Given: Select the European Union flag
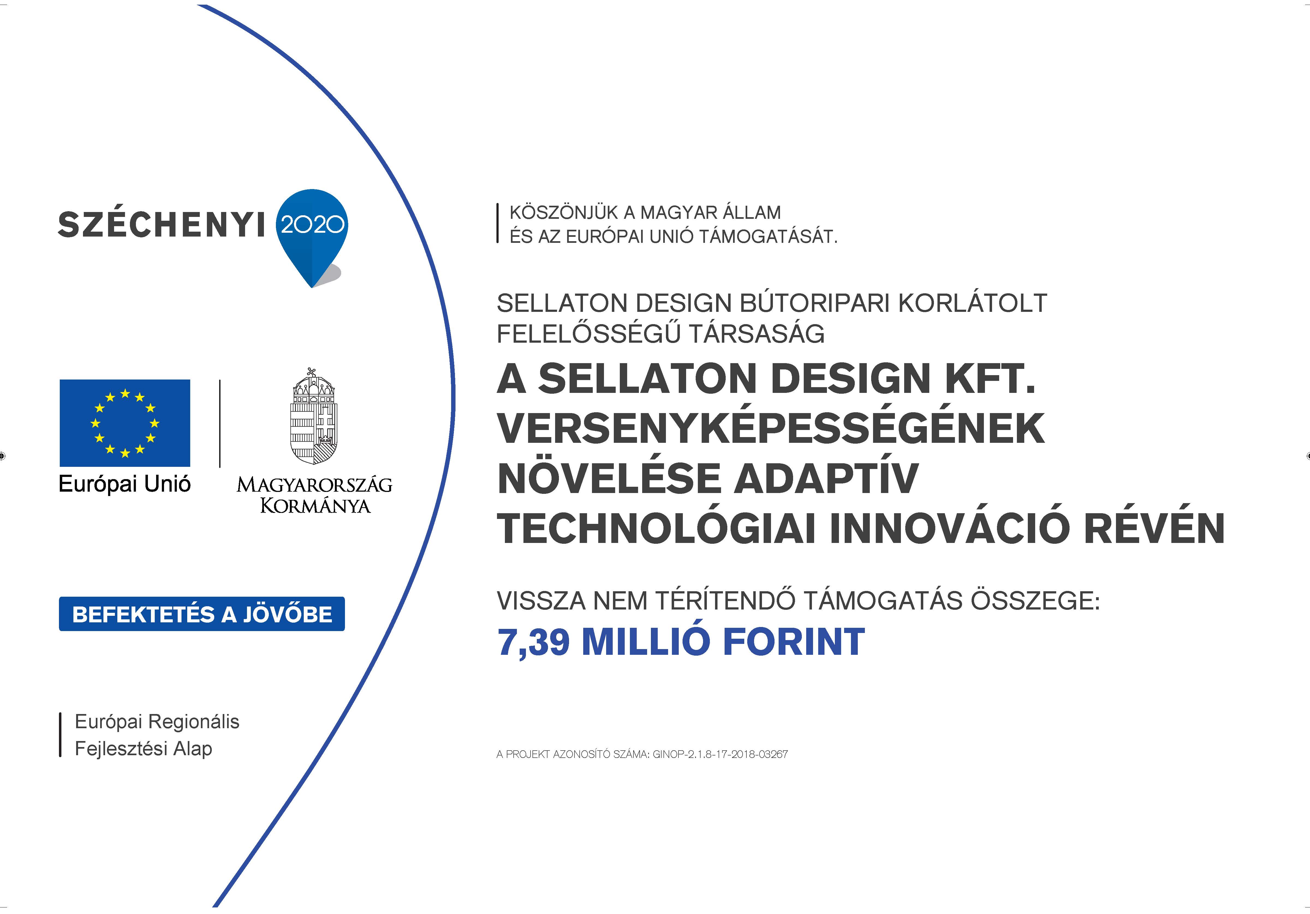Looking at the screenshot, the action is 125,423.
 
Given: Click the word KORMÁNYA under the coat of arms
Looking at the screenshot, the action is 315,506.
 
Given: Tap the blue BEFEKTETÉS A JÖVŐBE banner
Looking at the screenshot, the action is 202,614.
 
